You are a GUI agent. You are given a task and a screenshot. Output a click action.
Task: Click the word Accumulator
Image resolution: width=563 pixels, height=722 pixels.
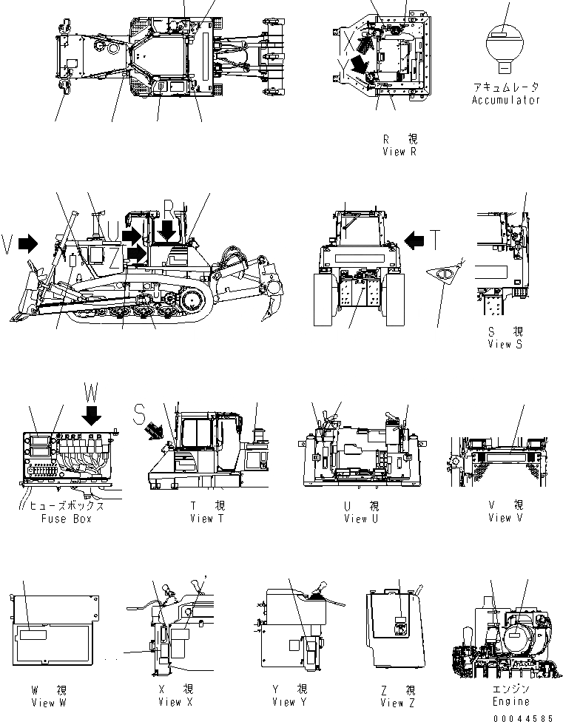pos(506,100)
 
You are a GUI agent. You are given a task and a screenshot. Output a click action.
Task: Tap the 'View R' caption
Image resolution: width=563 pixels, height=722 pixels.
pos(400,152)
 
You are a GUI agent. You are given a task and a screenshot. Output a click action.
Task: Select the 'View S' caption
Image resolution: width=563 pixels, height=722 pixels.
pos(505,345)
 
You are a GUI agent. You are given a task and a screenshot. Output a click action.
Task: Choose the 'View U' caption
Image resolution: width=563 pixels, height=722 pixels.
pos(361,519)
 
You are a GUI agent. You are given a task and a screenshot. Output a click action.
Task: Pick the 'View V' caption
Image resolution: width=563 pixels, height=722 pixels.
pos(505,518)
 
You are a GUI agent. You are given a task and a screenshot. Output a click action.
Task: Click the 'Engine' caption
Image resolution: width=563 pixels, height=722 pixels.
pos(511,701)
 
